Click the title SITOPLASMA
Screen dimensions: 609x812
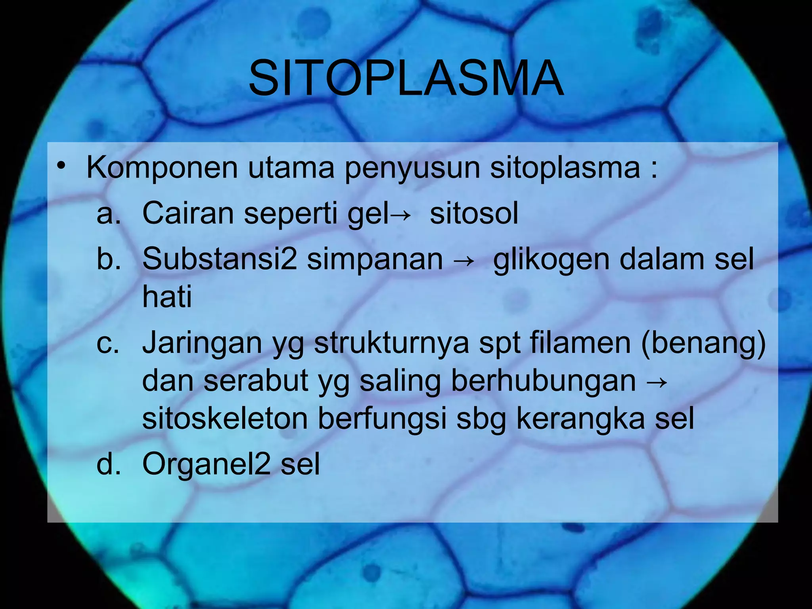click(x=406, y=78)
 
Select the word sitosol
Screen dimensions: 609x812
click(x=474, y=214)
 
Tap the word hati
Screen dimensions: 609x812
click(x=167, y=297)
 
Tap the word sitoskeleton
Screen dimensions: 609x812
click(x=225, y=419)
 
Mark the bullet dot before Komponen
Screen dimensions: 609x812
click(x=60, y=166)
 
